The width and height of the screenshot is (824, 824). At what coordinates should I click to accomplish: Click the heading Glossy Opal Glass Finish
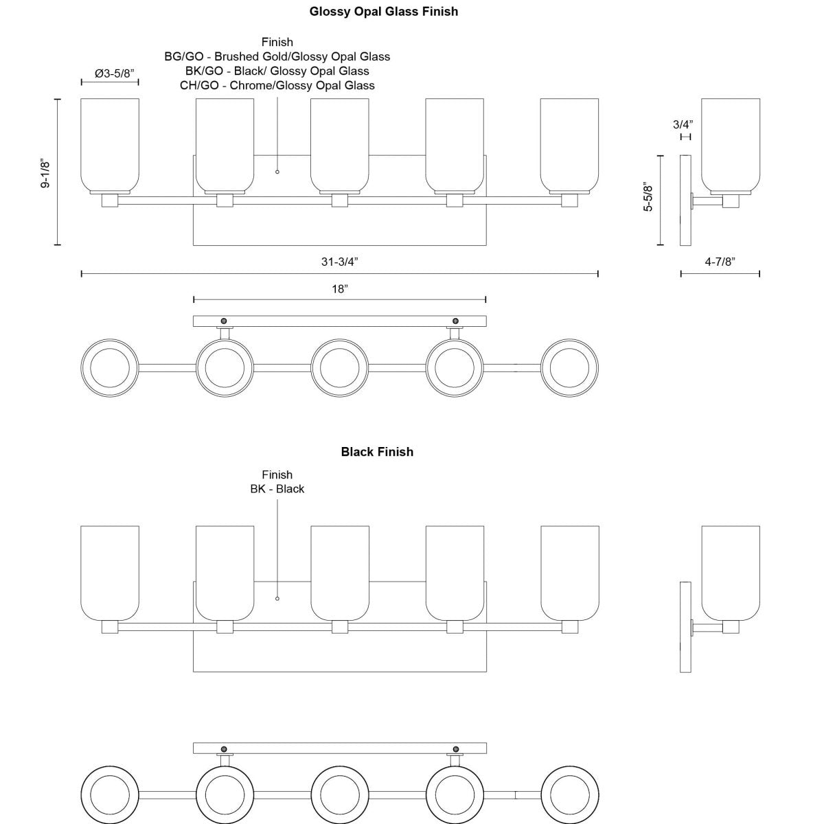(383, 12)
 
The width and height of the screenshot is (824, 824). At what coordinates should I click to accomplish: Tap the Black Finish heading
(377, 452)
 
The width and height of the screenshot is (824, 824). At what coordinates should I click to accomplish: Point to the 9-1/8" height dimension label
(46, 174)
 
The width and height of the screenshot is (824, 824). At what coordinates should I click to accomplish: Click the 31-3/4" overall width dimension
(339, 262)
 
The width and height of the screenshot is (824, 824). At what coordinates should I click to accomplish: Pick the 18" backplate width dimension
(339, 289)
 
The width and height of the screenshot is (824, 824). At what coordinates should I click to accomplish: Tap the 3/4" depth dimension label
(683, 124)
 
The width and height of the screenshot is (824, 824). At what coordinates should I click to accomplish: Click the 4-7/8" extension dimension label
(720, 262)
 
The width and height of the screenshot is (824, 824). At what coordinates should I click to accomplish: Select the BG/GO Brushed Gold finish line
(277, 57)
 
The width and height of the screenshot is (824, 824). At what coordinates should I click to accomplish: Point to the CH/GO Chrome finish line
(277, 86)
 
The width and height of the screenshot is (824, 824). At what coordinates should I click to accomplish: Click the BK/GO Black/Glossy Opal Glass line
(277, 71)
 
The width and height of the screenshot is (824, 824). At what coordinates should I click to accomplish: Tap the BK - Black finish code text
(277, 489)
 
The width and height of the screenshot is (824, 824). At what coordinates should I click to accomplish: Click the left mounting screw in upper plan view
(223, 321)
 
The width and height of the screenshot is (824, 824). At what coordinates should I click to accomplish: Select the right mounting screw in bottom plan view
(455, 748)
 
